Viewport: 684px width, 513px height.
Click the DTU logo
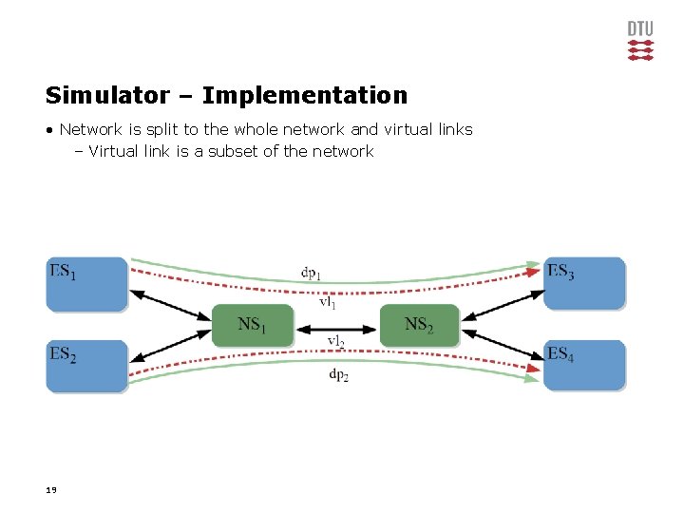(x=641, y=40)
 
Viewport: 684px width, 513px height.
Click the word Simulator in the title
(x=104, y=95)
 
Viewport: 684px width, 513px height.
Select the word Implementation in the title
(x=304, y=95)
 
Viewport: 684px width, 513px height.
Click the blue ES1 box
(x=86, y=283)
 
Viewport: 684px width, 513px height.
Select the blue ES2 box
(x=86, y=366)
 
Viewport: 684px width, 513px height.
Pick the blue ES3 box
(x=584, y=283)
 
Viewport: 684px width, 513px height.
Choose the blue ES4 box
(x=584, y=366)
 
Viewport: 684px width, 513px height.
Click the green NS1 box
(x=252, y=325)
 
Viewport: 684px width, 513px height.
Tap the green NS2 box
(x=419, y=325)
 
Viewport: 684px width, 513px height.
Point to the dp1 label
(x=311, y=274)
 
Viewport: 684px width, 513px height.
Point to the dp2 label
(x=338, y=375)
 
